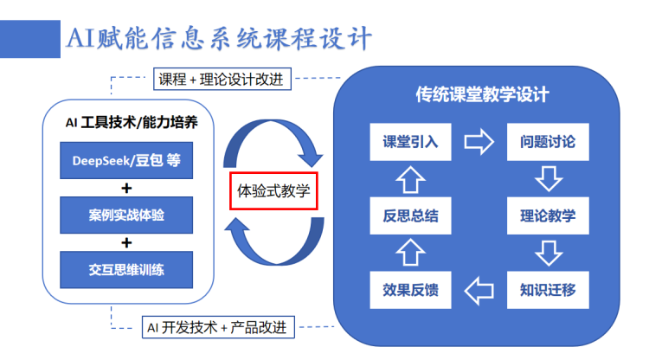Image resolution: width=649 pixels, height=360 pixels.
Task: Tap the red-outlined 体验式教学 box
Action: click(274, 190)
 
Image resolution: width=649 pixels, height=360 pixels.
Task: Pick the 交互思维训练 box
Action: click(126, 270)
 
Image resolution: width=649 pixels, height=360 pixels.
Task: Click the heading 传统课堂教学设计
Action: click(481, 94)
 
